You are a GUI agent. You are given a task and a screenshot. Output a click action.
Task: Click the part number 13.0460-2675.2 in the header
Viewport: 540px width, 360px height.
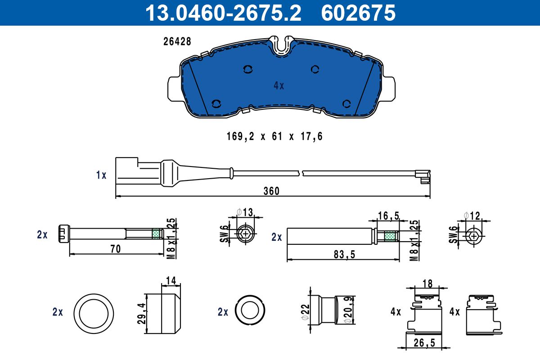click(223, 13)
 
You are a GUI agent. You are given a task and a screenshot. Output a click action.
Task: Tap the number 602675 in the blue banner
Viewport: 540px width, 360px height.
click(358, 13)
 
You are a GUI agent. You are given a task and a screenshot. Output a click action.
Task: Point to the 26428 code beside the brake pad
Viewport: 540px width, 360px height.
click(177, 41)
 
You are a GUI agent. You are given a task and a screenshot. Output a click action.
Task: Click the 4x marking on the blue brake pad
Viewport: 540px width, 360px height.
click(279, 85)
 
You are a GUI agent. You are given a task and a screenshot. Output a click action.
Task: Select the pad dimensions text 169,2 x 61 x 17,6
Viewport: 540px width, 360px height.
click(274, 136)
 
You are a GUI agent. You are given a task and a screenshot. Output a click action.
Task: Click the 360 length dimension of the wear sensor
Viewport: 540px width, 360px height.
click(271, 191)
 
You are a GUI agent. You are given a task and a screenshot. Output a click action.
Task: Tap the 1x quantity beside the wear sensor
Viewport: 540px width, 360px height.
click(101, 175)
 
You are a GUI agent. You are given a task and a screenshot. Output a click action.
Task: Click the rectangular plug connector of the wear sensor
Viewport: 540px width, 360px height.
click(127, 171)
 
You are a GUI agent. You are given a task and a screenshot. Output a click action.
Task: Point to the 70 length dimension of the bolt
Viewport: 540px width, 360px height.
click(116, 249)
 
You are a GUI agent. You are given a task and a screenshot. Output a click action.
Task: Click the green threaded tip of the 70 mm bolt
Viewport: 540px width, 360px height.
click(156, 234)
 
